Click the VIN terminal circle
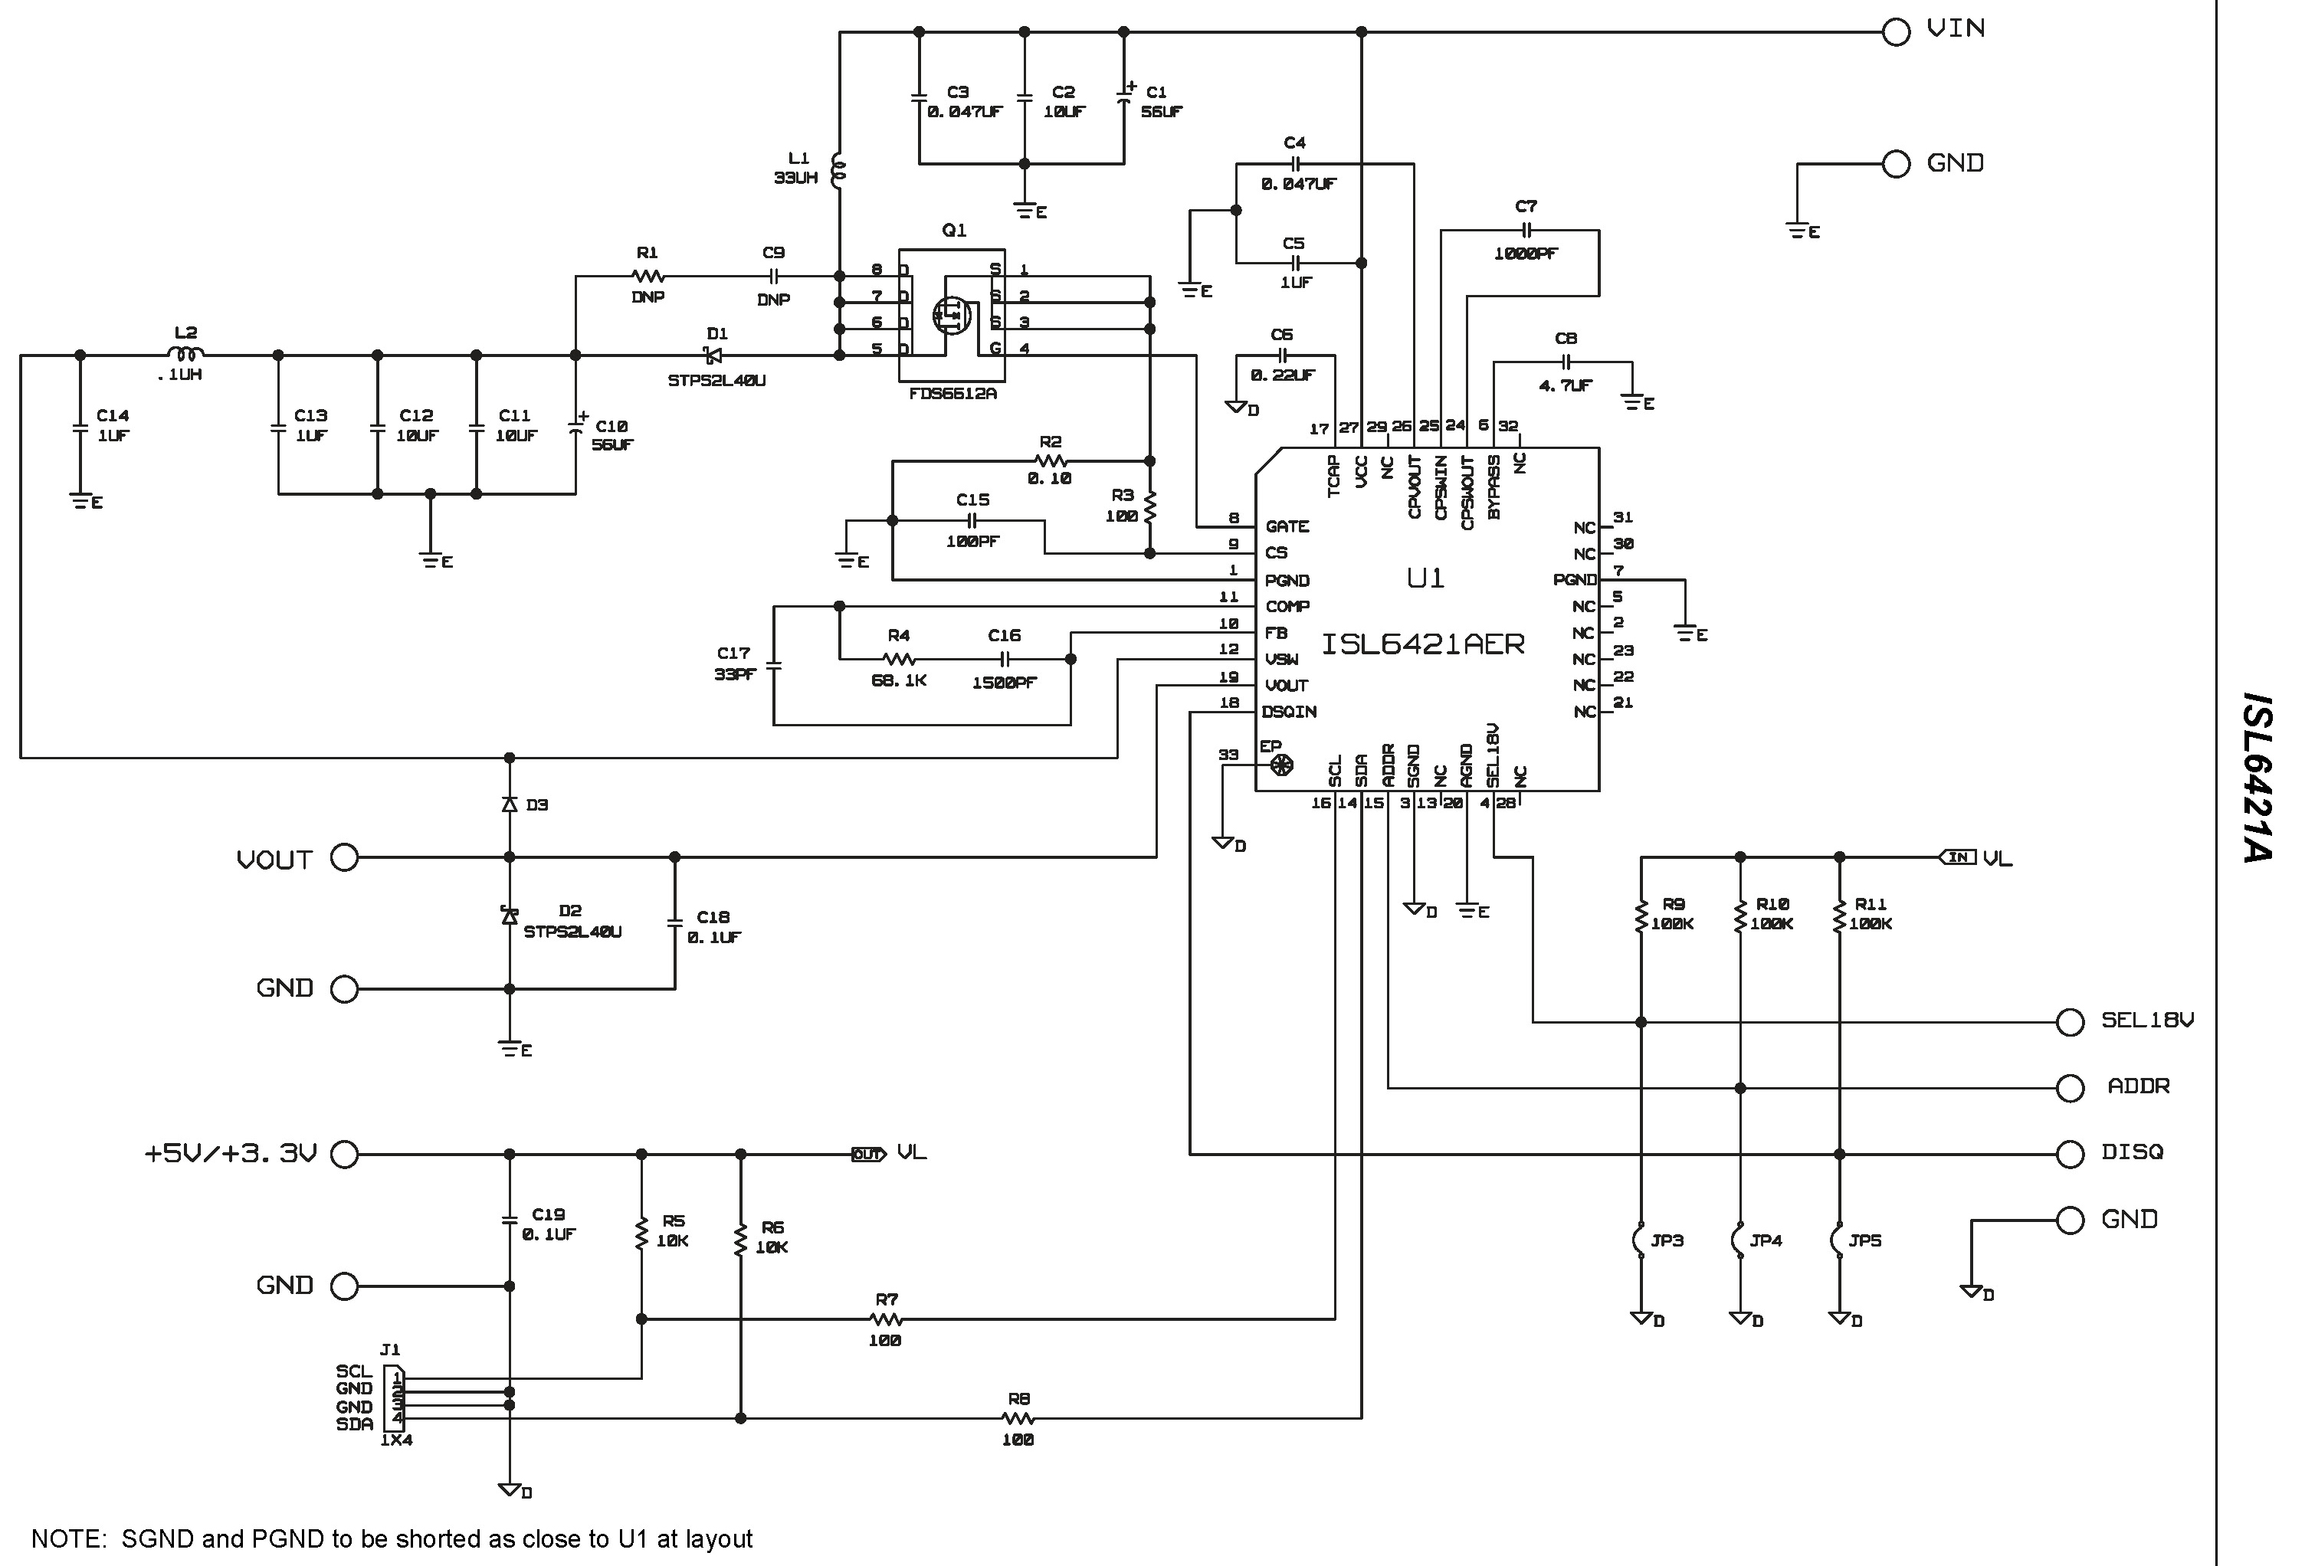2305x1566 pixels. click(1895, 31)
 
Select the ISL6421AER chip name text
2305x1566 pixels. click(1422, 644)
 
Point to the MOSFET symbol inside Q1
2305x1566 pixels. click(951, 316)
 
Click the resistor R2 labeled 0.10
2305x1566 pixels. click(1051, 461)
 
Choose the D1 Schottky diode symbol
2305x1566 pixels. click(712, 355)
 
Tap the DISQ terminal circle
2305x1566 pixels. click(2069, 1153)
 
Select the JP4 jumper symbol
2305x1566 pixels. click(1739, 1240)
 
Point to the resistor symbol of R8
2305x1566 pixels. click(1018, 1418)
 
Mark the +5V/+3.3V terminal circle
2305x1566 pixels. click(344, 1153)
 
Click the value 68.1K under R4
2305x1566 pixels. click(899, 681)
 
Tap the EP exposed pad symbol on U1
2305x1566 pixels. click(1281, 765)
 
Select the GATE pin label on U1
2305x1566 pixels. click(1287, 526)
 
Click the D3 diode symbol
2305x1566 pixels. click(510, 804)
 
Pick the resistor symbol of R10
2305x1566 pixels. click(1739, 917)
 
